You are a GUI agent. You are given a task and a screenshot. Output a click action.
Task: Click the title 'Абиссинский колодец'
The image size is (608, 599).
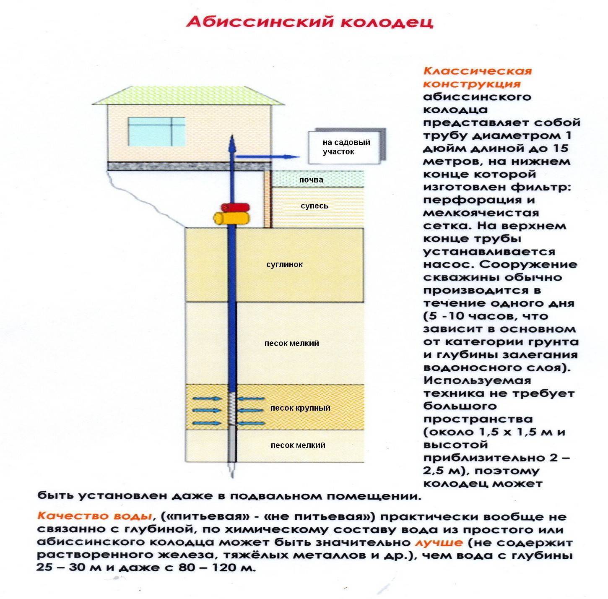click(x=309, y=21)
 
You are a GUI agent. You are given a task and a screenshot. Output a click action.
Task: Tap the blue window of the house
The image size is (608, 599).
click(x=156, y=132)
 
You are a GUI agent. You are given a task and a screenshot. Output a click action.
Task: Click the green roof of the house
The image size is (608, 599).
click(x=187, y=95)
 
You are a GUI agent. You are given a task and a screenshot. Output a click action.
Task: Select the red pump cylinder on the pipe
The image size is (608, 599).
click(x=236, y=207)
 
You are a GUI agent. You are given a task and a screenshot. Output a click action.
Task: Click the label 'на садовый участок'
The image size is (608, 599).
click(x=346, y=147)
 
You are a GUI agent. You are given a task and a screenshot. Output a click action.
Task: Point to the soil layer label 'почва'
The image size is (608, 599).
click(x=311, y=180)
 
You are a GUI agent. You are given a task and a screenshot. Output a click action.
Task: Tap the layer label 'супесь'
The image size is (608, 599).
click(x=314, y=206)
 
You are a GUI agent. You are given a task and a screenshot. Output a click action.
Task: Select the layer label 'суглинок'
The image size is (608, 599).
click(x=284, y=265)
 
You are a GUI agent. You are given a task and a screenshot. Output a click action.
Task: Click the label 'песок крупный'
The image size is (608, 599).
click(x=300, y=408)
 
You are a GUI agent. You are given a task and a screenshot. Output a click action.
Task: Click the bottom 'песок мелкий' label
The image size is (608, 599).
click(x=298, y=445)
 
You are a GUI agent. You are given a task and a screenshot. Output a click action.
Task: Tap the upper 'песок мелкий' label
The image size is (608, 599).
click(x=291, y=344)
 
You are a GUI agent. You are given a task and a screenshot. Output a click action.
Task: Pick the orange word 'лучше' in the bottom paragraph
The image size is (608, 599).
click(x=439, y=542)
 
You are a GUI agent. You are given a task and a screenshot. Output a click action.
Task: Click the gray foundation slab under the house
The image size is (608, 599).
click(x=187, y=166)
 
